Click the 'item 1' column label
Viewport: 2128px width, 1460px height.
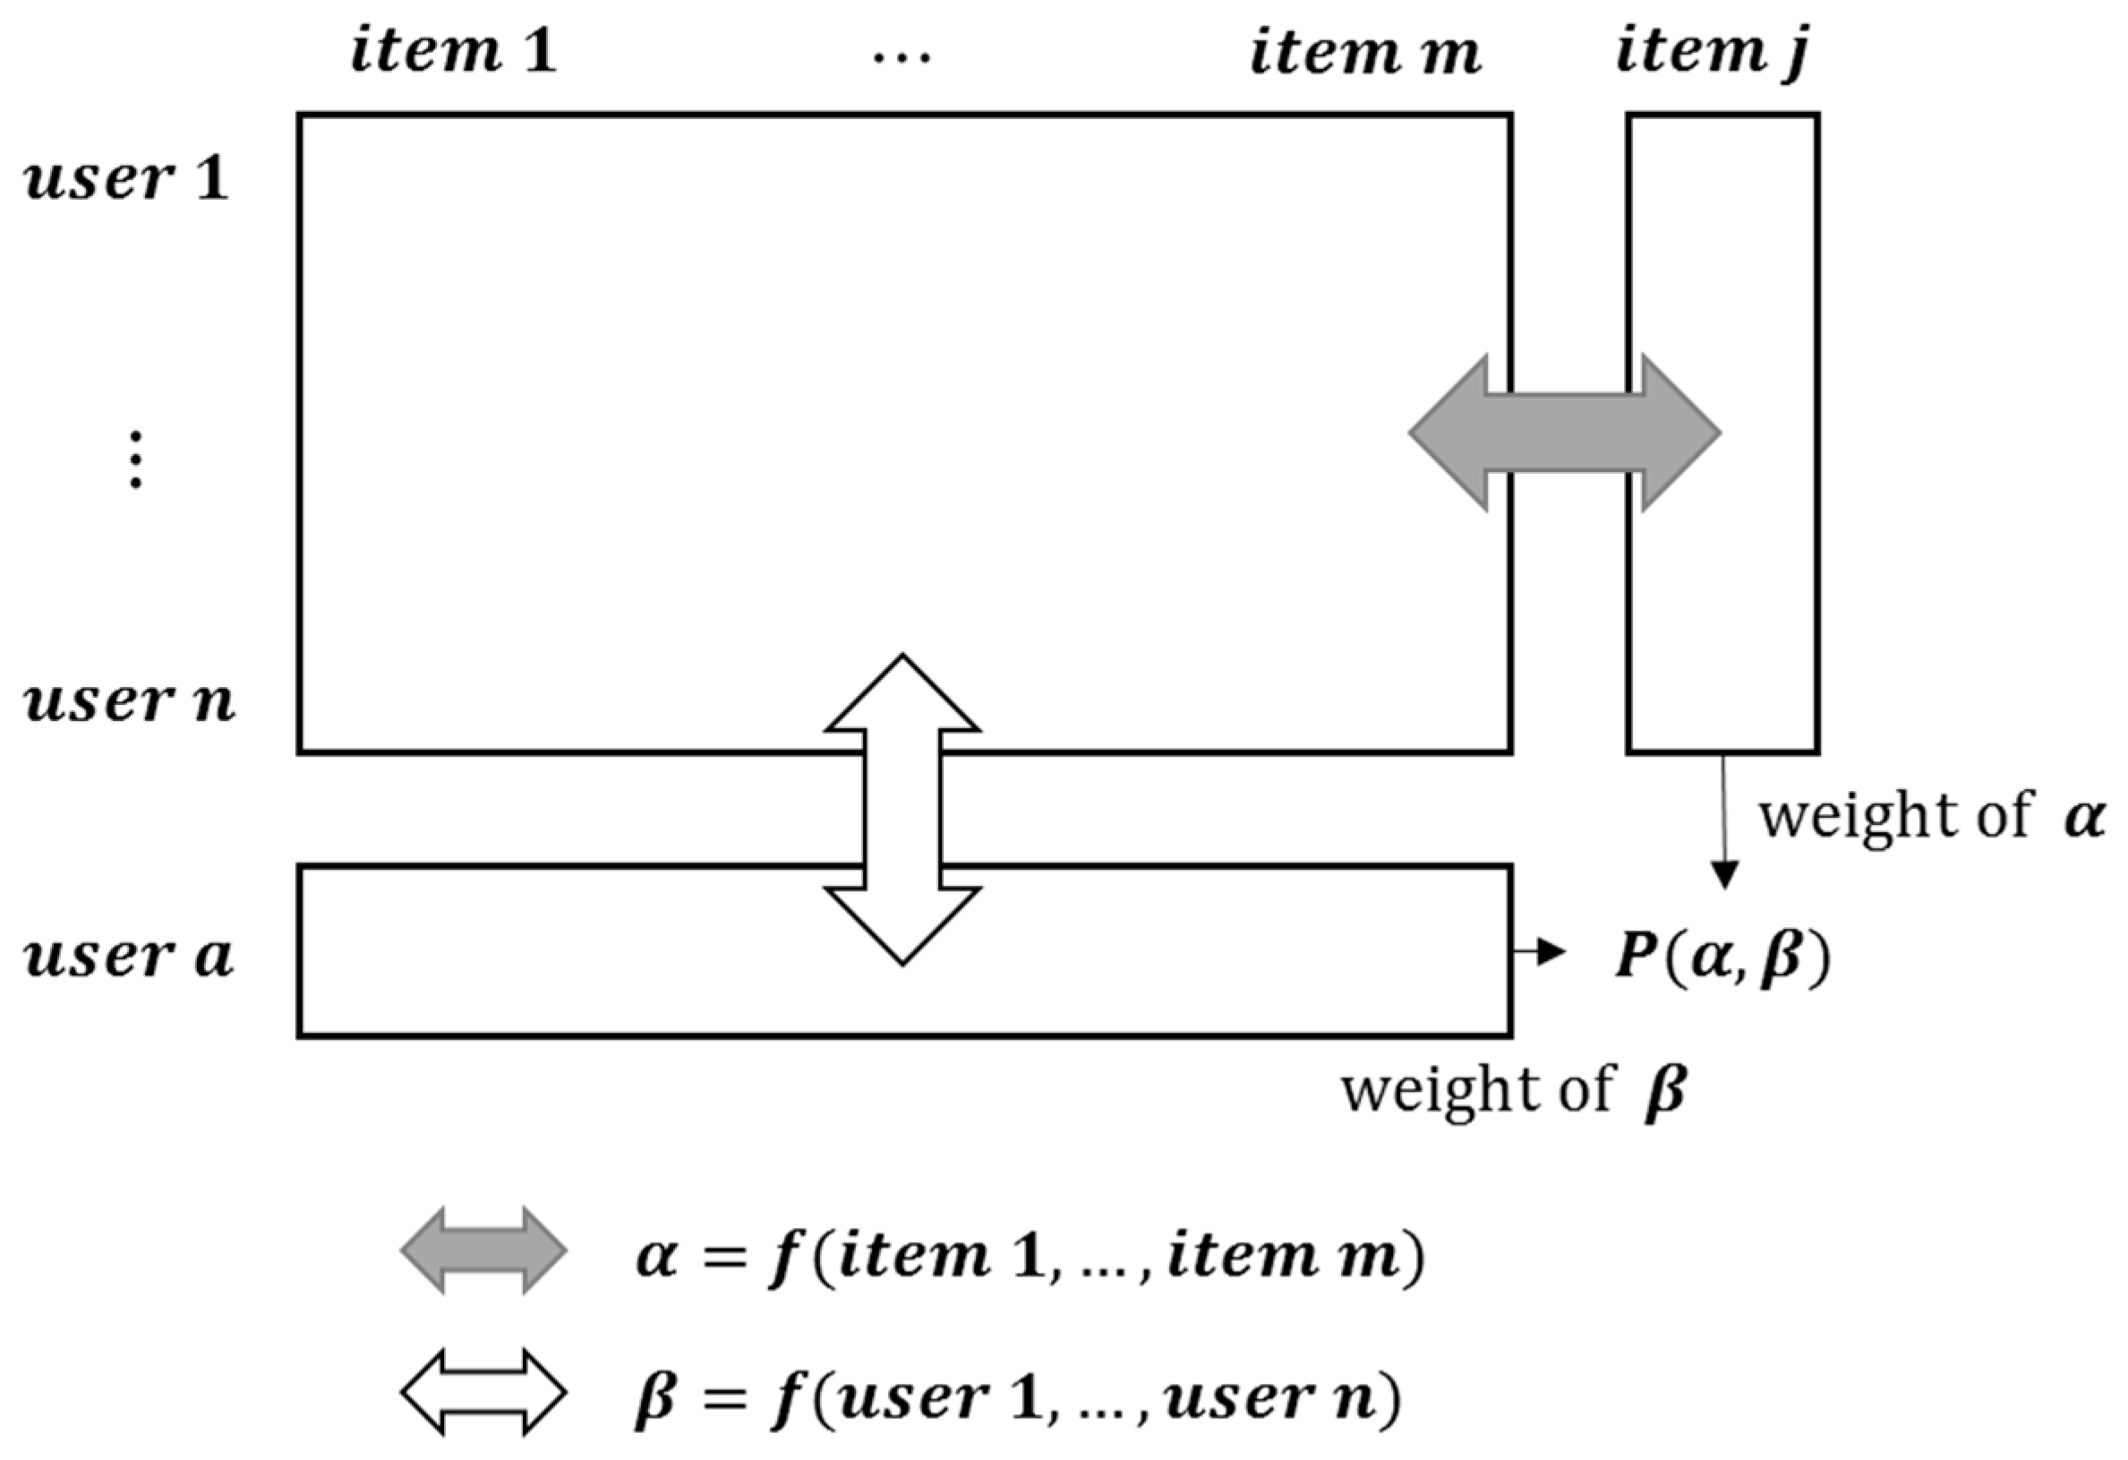click(453, 52)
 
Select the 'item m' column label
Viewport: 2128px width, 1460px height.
click(1364, 52)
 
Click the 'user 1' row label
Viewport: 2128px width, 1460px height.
click(126, 177)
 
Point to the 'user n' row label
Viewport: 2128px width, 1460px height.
click(128, 701)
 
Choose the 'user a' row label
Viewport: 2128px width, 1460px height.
click(128, 957)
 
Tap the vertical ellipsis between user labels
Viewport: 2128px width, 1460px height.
click(134, 459)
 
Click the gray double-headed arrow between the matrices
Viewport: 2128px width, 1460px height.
click(1564, 433)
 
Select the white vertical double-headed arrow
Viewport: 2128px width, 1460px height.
click(902, 810)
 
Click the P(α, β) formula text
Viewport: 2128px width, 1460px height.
click(1722, 958)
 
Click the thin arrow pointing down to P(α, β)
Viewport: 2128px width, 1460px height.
click(1724, 824)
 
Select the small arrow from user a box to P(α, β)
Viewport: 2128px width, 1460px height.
click(1538, 952)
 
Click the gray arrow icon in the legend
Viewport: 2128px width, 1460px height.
click(483, 1251)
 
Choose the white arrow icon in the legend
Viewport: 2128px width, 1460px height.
click(483, 1392)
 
